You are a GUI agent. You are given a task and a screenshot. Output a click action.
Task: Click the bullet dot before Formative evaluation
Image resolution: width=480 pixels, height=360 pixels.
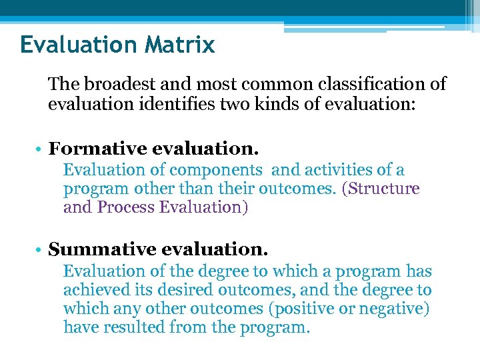(x=41, y=149)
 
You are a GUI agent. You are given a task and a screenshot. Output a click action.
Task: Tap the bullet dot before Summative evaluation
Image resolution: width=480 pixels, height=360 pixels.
(x=41, y=251)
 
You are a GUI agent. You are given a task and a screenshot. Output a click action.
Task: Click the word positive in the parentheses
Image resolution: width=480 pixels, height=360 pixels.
(x=322, y=309)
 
